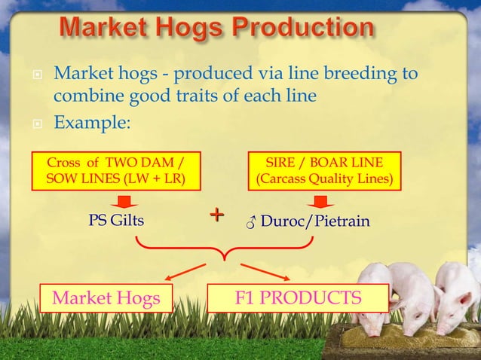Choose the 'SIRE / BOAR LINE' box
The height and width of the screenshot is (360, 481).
[320, 171]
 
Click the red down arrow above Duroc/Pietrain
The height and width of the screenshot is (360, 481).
[320, 202]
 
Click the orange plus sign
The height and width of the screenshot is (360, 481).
[217, 216]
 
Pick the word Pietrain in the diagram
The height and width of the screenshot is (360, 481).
[346, 221]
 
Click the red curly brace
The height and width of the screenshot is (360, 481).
[224, 248]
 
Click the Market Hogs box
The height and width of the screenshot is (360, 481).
[106, 299]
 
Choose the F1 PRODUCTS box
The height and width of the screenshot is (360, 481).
[298, 298]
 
